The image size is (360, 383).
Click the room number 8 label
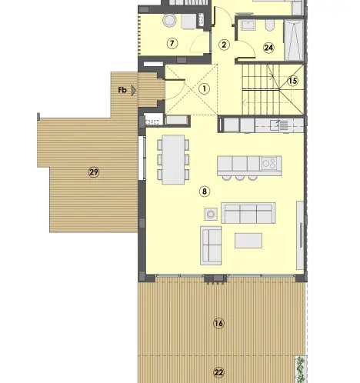(x=204, y=191)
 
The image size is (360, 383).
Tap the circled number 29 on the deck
(x=93, y=172)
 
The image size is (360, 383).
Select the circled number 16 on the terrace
(x=218, y=324)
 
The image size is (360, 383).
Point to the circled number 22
(x=218, y=372)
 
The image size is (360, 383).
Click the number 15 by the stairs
(x=292, y=80)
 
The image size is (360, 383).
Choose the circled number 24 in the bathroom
(x=268, y=48)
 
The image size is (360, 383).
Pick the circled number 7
(x=172, y=43)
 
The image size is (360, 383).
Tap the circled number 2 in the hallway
(x=224, y=45)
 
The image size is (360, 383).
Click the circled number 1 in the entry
(x=204, y=88)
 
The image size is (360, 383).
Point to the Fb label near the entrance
(x=122, y=90)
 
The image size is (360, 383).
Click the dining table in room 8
(x=173, y=159)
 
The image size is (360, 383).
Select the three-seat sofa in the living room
(x=248, y=212)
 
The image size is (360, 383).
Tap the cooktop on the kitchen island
(x=268, y=163)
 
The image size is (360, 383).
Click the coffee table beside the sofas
(x=248, y=240)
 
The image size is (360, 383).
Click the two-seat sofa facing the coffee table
(x=211, y=245)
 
